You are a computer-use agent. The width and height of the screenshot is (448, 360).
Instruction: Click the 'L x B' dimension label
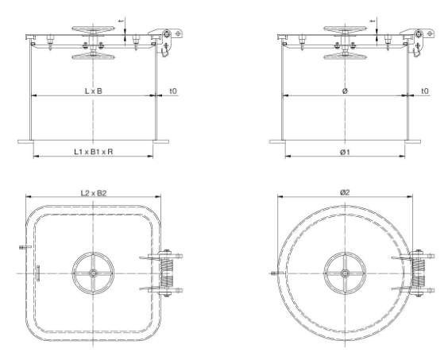93,91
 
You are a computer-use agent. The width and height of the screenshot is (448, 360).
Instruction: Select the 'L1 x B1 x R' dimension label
92,150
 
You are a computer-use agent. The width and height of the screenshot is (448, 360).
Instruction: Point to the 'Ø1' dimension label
344,150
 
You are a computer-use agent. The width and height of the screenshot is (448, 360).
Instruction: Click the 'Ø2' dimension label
344,192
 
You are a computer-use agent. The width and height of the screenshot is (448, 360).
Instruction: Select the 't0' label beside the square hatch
172,91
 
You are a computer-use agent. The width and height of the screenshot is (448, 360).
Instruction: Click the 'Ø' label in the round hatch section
344,91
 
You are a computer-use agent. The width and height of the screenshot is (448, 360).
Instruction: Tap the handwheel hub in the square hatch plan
94,274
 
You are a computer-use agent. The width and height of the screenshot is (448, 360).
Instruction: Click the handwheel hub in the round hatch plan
344,274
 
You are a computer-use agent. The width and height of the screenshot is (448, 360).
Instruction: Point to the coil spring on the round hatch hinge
420,274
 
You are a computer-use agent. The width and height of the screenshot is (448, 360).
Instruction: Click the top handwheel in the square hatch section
93,30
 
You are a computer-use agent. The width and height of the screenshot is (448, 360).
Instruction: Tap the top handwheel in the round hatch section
345,30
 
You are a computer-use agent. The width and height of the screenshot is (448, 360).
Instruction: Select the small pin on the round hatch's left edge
275,276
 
